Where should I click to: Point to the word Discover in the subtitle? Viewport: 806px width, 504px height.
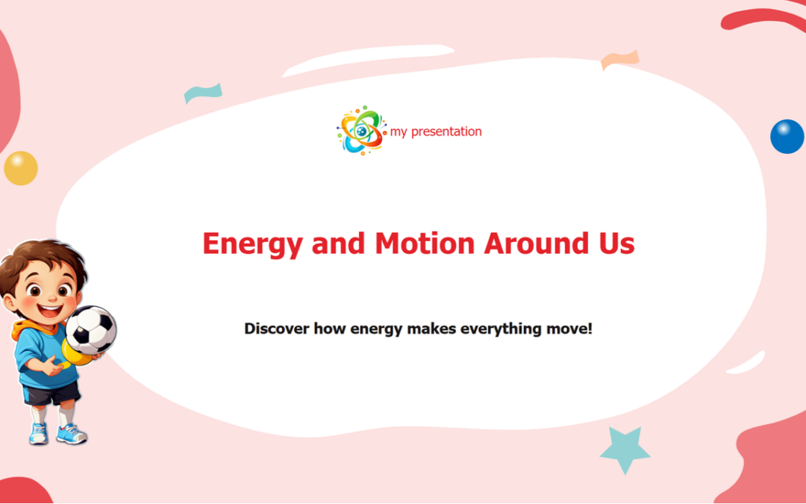click(x=276, y=328)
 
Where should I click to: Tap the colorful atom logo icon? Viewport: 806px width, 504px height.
click(x=360, y=131)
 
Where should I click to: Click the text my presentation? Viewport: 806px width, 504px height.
click(x=436, y=131)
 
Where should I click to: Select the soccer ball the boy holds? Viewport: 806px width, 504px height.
click(x=90, y=329)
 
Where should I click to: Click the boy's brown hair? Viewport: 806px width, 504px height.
click(x=41, y=257)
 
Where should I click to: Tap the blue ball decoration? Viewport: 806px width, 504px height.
click(x=787, y=137)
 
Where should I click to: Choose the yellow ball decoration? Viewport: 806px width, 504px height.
click(x=20, y=167)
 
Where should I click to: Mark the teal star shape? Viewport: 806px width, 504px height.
click(x=625, y=449)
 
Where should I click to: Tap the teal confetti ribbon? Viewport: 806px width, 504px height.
click(x=202, y=93)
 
